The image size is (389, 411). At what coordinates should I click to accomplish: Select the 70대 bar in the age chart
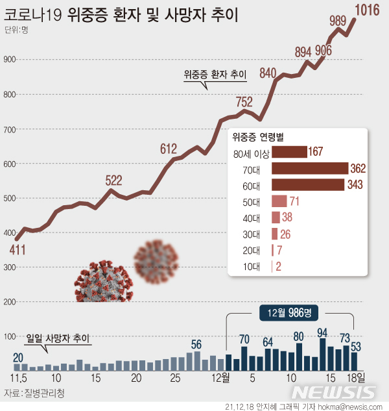point(310,169)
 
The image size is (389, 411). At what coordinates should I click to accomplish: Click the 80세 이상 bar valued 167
point(289,153)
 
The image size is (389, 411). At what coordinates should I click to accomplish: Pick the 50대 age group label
point(250,201)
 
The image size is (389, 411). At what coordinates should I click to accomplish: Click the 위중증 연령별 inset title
point(261,137)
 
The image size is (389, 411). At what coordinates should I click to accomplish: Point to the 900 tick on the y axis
point(9,60)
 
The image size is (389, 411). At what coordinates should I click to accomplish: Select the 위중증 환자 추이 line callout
point(215,75)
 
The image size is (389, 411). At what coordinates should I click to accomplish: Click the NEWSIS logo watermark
point(333,392)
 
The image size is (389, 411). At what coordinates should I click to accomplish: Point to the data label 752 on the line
point(244,101)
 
